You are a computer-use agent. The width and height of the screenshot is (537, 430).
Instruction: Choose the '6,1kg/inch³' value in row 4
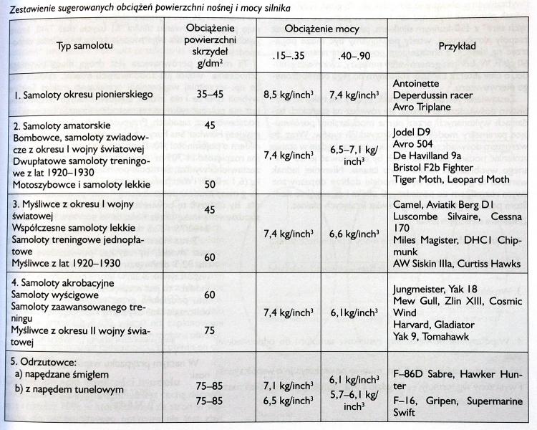tap(354, 313)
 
